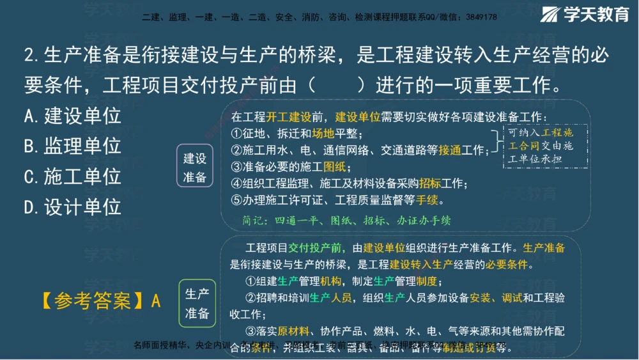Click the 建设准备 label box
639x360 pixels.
[195, 168]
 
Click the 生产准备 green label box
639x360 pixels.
[197, 303]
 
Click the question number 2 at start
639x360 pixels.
[29, 56]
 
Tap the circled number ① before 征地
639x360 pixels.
[236, 134]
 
